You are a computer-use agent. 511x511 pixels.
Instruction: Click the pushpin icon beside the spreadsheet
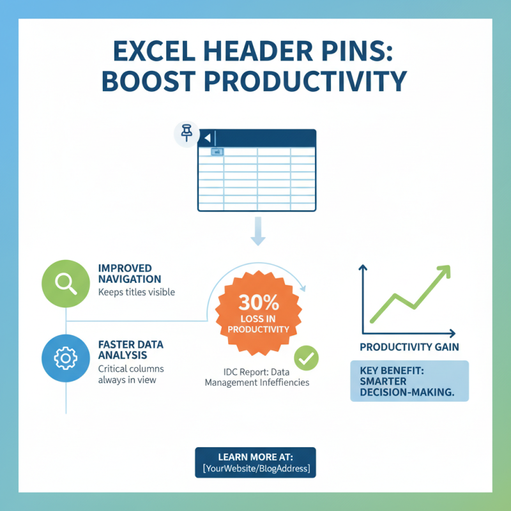(186, 133)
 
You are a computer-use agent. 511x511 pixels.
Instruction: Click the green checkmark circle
(306, 359)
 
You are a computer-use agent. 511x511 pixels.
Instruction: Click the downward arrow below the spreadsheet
(257, 231)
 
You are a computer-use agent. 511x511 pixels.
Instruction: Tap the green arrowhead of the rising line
(442, 271)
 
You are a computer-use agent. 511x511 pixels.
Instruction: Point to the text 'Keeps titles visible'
(136, 293)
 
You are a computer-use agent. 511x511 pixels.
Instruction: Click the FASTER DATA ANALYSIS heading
(130, 349)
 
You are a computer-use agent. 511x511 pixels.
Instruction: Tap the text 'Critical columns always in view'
(130, 374)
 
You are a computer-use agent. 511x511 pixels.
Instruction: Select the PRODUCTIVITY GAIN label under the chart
(409, 347)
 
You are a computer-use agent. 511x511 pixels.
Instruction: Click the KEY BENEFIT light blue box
(409, 381)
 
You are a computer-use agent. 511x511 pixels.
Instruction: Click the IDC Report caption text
(257, 377)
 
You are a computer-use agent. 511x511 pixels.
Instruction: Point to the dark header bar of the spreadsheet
(268, 138)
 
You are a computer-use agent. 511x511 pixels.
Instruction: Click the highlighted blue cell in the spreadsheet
(216, 152)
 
